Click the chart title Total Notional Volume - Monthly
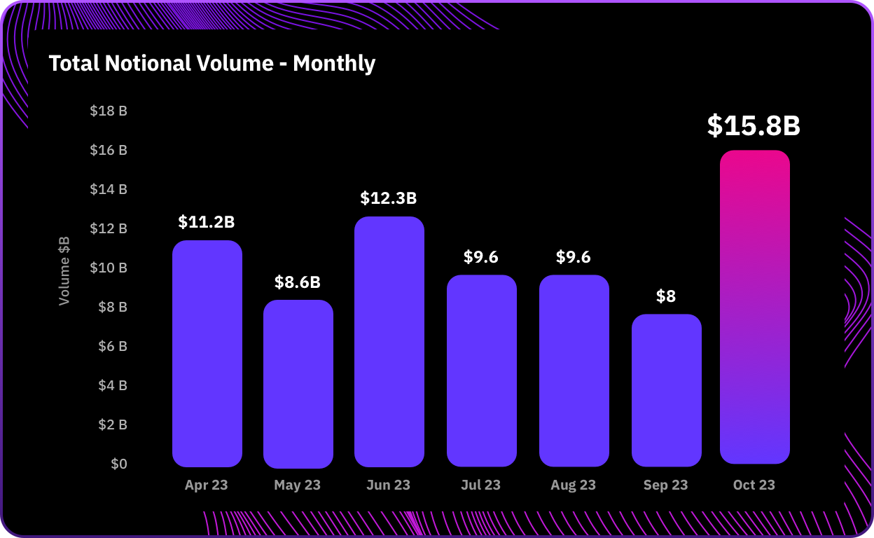[x=212, y=64]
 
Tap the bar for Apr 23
[x=207, y=354]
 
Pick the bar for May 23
[x=298, y=384]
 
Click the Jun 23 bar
[x=389, y=342]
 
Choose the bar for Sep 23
[x=667, y=390]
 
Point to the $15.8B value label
[x=754, y=125]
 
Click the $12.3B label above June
[x=389, y=198]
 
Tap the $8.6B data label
[x=298, y=282]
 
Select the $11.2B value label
[x=207, y=222]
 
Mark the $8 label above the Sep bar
[x=666, y=296]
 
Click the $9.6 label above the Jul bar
[x=481, y=257]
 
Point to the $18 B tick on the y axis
[x=109, y=111]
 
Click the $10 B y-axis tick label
[x=109, y=268]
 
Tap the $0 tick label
[x=119, y=464]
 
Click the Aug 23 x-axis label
[x=574, y=485]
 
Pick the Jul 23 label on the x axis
[x=481, y=485]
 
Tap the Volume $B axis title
[x=64, y=272]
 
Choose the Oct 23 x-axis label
[x=754, y=485]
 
